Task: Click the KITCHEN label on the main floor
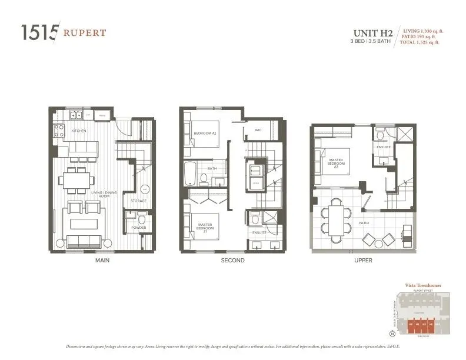click(x=79, y=131)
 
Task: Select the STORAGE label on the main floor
click(x=139, y=201)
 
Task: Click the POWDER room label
click(x=139, y=228)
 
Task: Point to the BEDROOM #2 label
click(x=205, y=134)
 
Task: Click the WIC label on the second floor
click(x=258, y=130)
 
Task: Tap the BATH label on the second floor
click(x=212, y=169)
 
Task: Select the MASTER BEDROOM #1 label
click(x=205, y=226)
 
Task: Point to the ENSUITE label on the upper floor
click(x=384, y=146)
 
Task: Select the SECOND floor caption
click(x=232, y=260)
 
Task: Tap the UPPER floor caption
click(x=363, y=260)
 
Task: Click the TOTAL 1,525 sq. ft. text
click(x=421, y=42)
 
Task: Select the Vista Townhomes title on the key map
click(x=423, y=285)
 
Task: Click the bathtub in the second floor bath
click(x=191, y=174)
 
